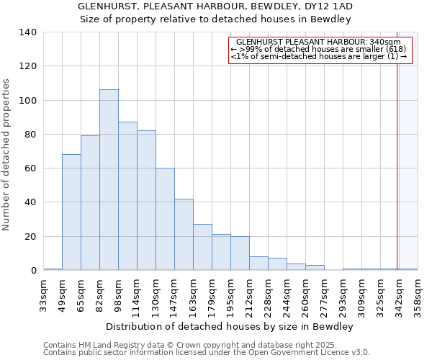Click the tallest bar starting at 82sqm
[109, 180]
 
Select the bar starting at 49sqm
[71, 212]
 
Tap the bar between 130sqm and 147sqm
[165, 220]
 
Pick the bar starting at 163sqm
[202, 247]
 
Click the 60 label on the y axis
[31, 168]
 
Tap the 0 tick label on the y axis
[33, 271]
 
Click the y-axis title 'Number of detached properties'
[7, 156]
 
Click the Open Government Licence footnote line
[207, 353]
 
